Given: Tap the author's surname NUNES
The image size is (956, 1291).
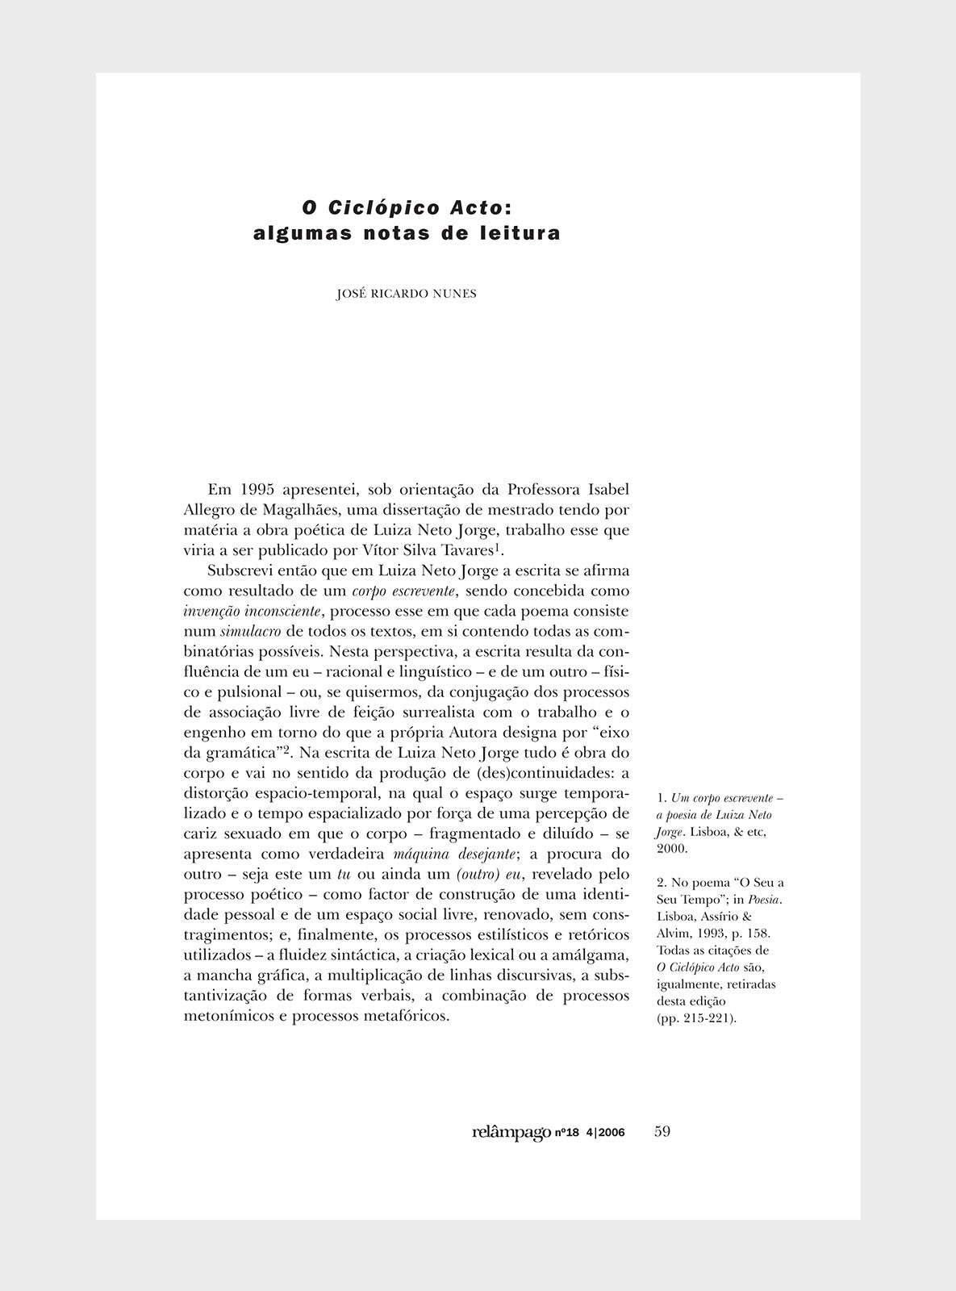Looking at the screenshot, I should (x=456, y=294).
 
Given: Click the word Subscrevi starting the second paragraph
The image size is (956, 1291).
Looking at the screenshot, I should (x=237, y=570).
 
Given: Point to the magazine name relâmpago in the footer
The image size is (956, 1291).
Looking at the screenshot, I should (x=511, y=1132).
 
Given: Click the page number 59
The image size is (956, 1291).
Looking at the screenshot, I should (x=662, y=1131).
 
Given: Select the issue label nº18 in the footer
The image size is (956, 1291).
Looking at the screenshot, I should (x=568, y=1133).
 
